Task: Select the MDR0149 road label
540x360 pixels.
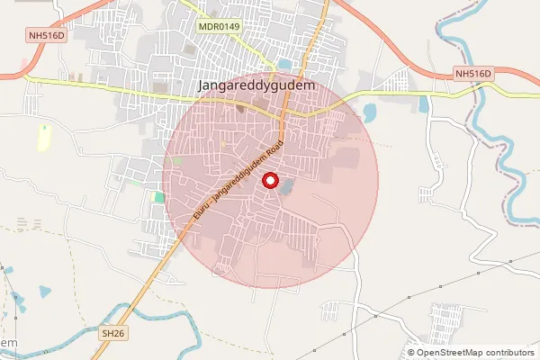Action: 219,28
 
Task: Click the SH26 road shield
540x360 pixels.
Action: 112,333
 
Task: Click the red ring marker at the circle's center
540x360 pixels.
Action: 270,181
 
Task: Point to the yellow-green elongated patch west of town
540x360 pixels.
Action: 43,138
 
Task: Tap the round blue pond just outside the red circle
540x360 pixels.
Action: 370,113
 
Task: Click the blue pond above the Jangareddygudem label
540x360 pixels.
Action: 285,64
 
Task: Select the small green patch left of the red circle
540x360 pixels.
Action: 159,197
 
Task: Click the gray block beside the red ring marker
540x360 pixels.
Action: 287,187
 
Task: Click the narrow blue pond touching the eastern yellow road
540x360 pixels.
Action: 423,104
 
